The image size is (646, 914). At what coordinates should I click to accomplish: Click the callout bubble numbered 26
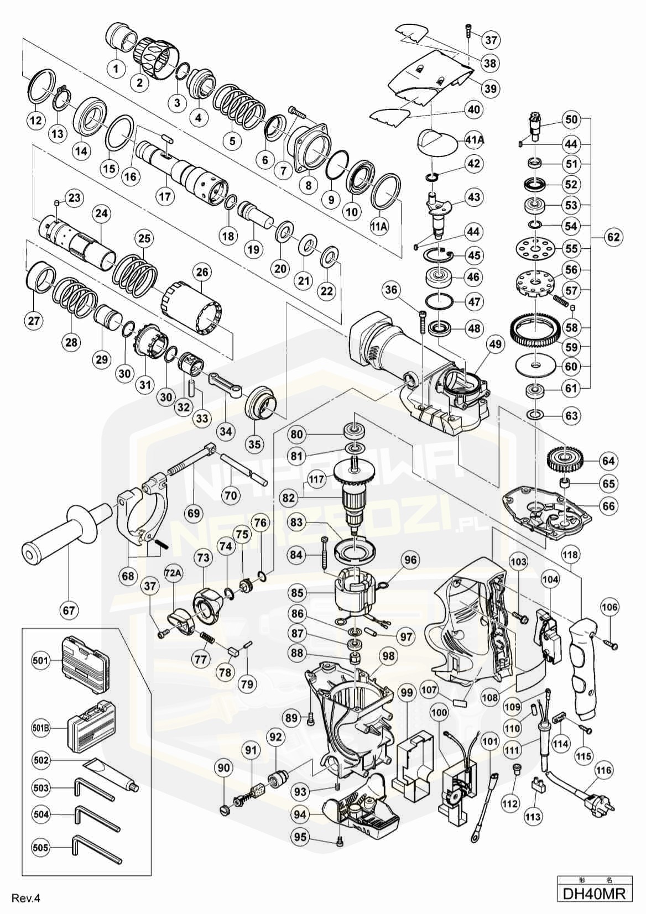coord(202,271)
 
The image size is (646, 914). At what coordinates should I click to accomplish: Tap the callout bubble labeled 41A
coord(474,140)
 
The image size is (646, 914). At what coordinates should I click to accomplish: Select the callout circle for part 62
coord(613,237)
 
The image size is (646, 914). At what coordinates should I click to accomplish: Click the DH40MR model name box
coord(595,893)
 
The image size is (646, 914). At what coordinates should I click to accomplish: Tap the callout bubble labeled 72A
coord(173,573)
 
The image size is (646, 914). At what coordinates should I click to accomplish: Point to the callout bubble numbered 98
coord(389,656)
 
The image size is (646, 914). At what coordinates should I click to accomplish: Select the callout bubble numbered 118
coord(571,554)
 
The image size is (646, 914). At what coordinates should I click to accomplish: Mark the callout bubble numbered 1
coord(116,69)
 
